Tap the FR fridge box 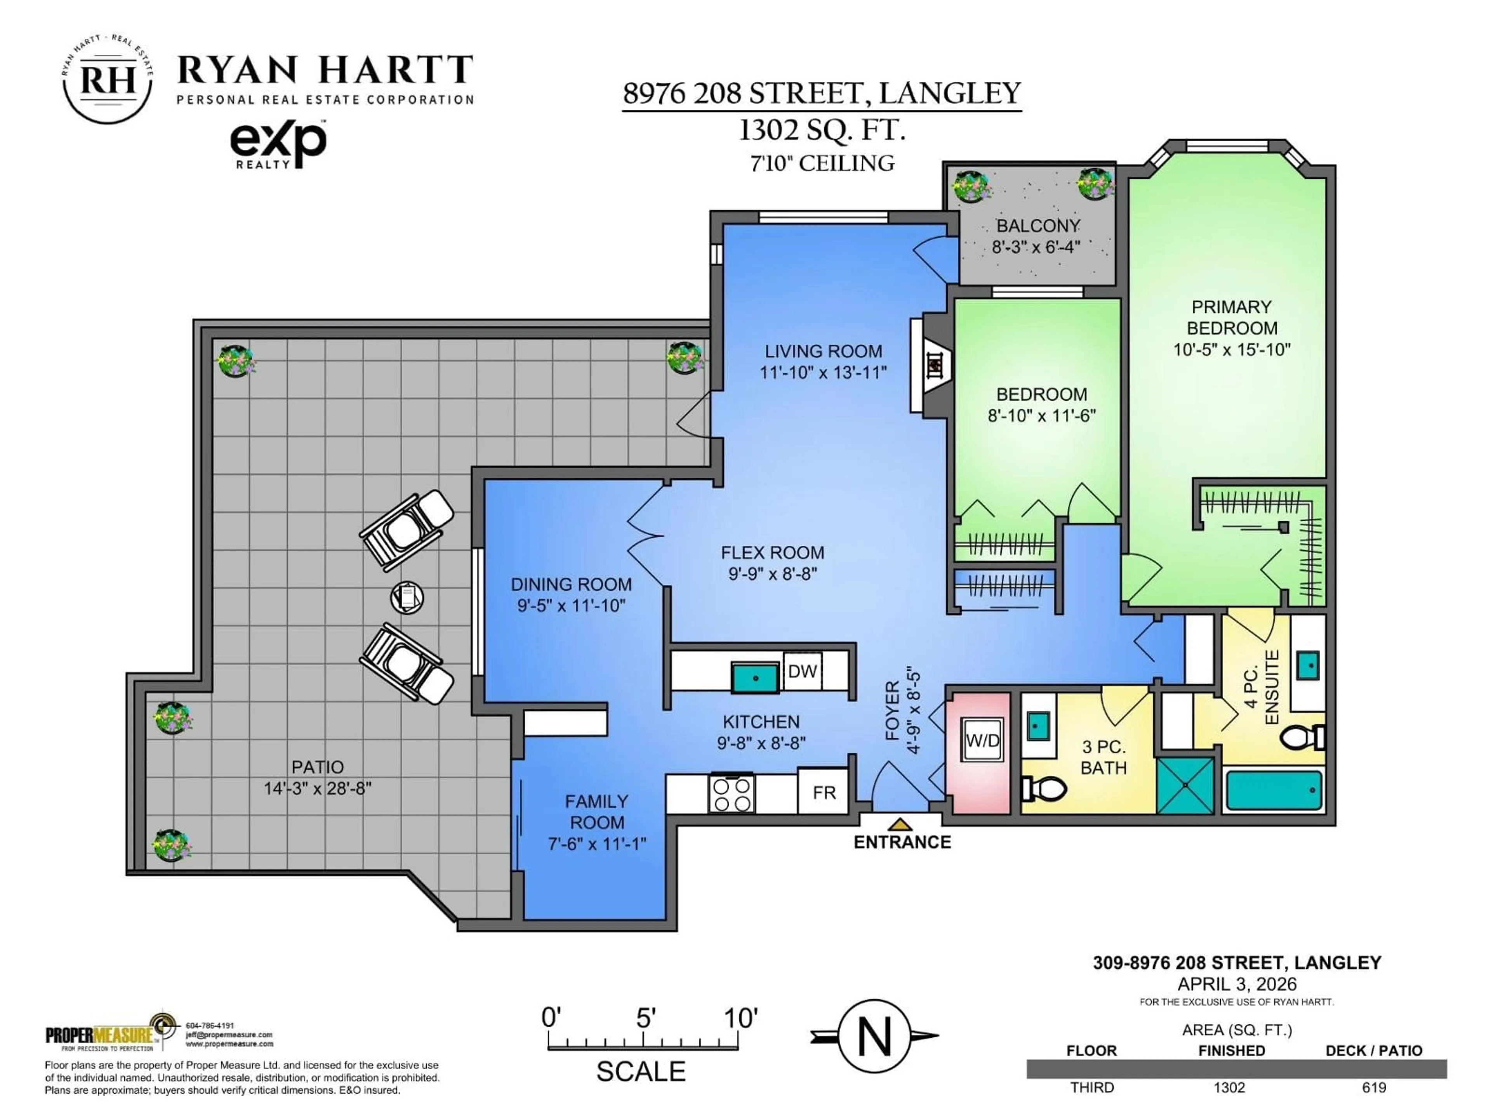point(823,793)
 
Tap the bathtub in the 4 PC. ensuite point(1273,790)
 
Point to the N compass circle point(874,1036)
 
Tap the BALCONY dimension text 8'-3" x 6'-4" point(1036,247)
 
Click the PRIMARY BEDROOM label point(1232,318)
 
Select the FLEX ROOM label point(772,553)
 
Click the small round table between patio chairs point(407,597)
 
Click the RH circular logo point(108,80)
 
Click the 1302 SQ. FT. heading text point(822,129)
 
